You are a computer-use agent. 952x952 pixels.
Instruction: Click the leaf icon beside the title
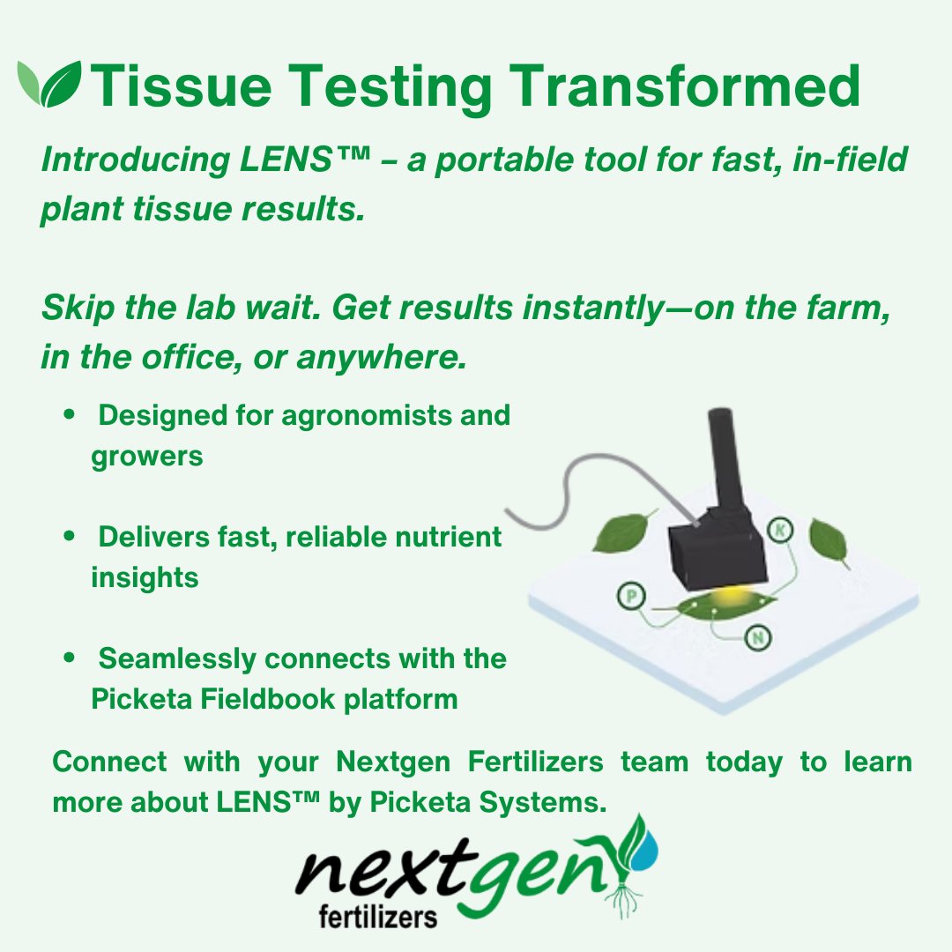coord(49,85)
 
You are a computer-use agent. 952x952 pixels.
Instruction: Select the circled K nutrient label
coord(780,530)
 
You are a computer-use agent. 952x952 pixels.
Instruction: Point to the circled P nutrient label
coord(630,598)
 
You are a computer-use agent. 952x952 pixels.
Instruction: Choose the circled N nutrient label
coord(757,636)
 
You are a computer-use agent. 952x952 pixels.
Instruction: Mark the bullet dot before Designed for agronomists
coord(69,415)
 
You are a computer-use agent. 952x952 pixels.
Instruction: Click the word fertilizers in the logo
coord(377,918)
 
